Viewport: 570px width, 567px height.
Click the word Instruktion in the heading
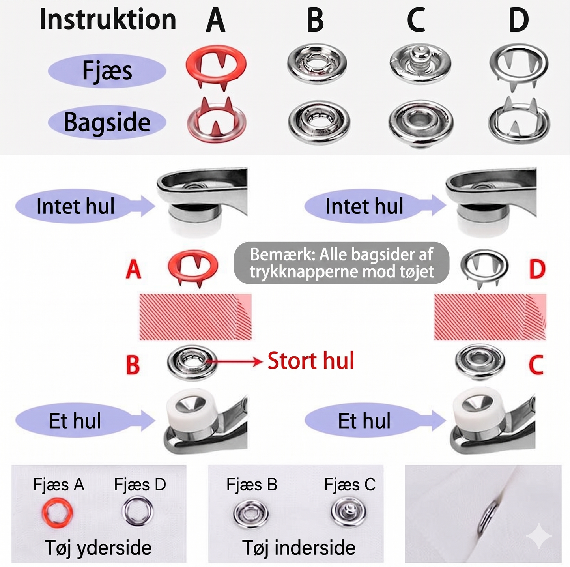108,20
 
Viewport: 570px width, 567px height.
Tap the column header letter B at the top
315,20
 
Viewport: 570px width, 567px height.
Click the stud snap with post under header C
420,63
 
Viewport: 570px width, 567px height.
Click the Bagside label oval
107,122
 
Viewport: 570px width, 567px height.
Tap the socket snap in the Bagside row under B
319,122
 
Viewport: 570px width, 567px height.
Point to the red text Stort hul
311,361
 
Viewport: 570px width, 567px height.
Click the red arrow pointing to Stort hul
234,361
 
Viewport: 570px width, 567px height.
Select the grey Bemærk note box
341,263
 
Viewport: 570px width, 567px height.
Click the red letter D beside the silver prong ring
537,269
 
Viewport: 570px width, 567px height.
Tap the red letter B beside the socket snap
133,365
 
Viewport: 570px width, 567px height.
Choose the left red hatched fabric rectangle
195,316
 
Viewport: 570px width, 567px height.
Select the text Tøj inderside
299,548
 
